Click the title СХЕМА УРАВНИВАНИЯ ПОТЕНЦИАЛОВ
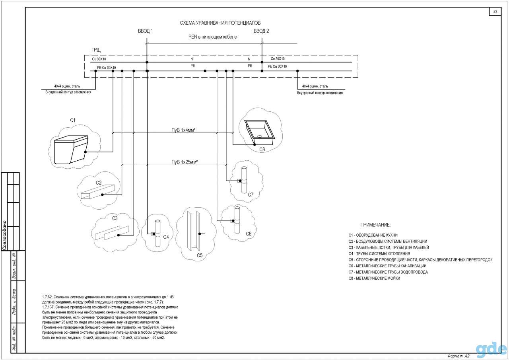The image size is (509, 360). click(x=220, y=23)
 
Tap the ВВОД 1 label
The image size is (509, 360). click(x=146, y=31)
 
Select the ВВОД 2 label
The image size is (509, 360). click(x=261, y=31)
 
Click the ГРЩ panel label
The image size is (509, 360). click(x=96, y=50)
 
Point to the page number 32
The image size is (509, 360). click(x=495, y=12)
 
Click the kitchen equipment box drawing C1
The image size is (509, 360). click(x=71, y=149)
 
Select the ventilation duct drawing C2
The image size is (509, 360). click(x=97, y=192)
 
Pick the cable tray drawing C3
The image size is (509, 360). click(x=112, y=233)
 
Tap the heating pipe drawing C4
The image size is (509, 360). click(x=157, y=233)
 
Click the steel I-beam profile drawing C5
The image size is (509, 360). click(x=193, y=231)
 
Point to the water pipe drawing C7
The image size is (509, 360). click(x=244, y=180)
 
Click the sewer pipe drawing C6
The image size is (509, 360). click(x=237, y=220)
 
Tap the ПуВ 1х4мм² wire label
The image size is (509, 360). click(x=183, y=130)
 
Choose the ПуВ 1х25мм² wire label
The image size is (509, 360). click(x=185, y=162)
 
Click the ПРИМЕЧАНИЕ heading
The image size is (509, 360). click(x=375, y=225)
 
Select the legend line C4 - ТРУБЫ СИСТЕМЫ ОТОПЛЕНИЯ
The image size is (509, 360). click(x=379, y=254)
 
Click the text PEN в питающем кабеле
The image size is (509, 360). click(x=212, y=37)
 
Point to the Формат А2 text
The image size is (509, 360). click(x=458, y=356)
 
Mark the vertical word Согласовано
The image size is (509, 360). click(x=4, y=235)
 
